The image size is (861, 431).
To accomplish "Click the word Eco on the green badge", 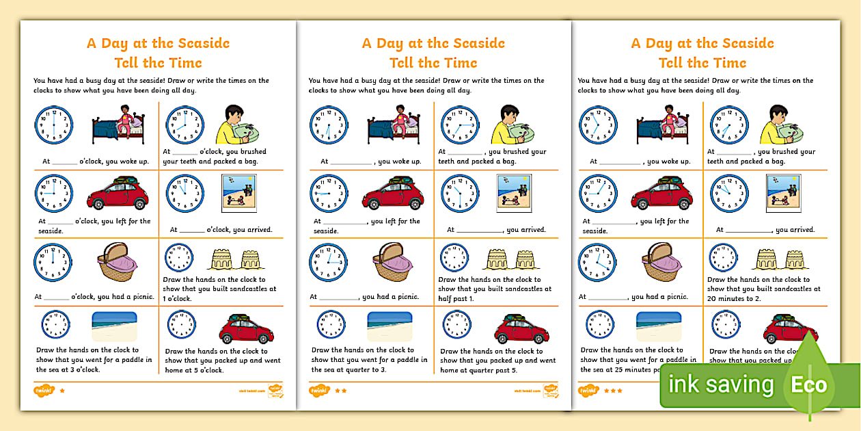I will pyautogui.click(x=809, y=384).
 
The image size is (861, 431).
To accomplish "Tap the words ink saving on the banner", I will pyautogui.click(x=722, y=384).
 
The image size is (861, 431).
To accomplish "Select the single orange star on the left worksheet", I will pyautogui.click(x=62, y=391).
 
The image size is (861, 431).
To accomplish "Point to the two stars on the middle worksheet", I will pyautogui.click(x=340, y=391).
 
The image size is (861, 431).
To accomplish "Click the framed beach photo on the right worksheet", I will pyautogui.click(x=783, y=193).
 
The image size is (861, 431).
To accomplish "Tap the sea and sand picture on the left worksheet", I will pyautogui.click(x=114, y=326).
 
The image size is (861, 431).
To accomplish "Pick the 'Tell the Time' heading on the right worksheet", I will pyautogui.click(x=702, y=63).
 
